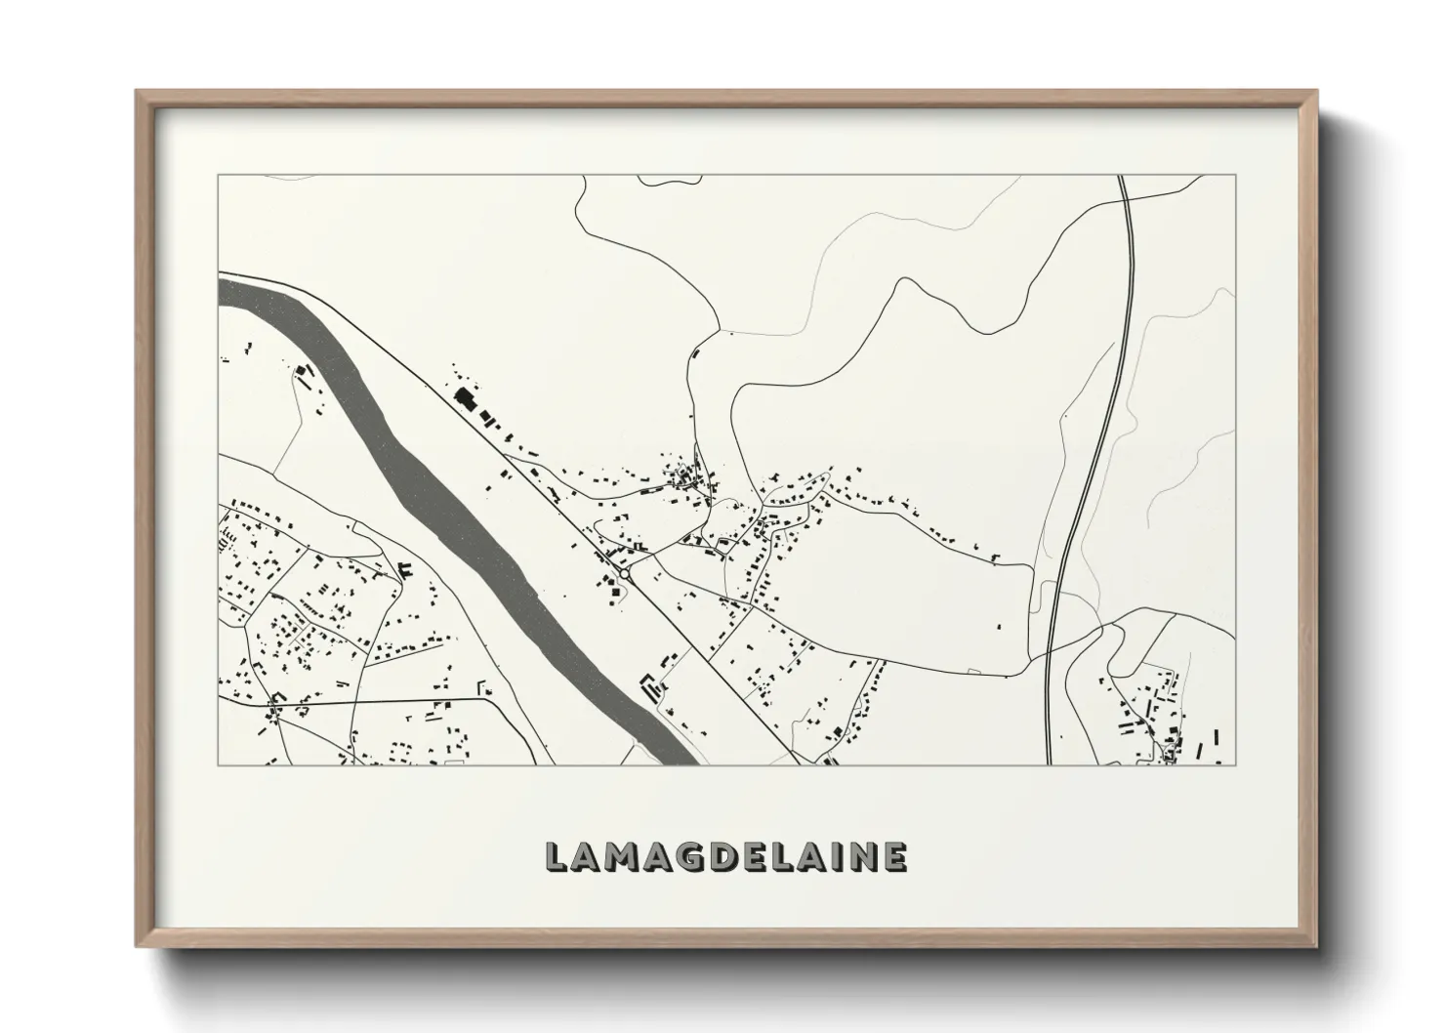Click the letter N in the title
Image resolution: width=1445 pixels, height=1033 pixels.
(x=858, y=856)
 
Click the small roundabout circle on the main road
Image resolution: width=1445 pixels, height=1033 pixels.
(x=625, y=575)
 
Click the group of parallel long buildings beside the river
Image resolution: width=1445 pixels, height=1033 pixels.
(x=648, y=687)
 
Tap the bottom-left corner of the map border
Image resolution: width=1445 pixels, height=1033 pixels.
(x=219, y=764)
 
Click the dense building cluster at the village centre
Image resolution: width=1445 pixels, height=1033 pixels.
(x=689, y=478)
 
